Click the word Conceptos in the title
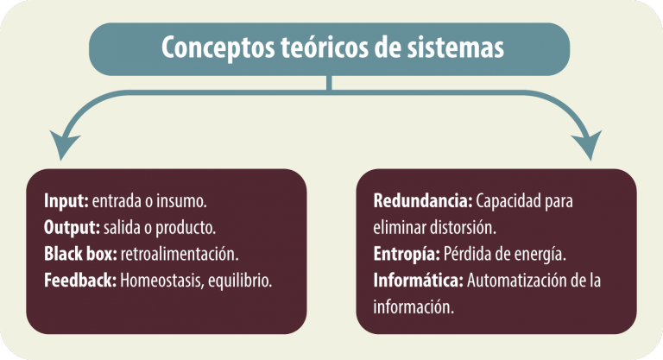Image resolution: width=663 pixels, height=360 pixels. point(218,47)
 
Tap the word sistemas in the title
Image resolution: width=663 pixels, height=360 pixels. point(456,47)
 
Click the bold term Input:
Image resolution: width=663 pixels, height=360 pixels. point(66,201)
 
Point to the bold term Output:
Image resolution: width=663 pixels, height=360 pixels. point(72,228)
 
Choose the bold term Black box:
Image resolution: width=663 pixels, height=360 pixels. point(80,254)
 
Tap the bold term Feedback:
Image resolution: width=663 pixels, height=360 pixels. point(80,280)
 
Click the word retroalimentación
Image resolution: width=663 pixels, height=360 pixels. point(180,254)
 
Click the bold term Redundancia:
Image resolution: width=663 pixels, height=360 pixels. point(423,201)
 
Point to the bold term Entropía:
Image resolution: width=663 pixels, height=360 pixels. point(407,254)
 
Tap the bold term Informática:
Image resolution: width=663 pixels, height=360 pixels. point(418,280)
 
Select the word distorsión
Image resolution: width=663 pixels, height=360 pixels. point(463,228)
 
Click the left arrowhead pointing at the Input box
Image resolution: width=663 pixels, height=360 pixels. point(63,144)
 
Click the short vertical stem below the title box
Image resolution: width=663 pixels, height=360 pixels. point(329,83)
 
